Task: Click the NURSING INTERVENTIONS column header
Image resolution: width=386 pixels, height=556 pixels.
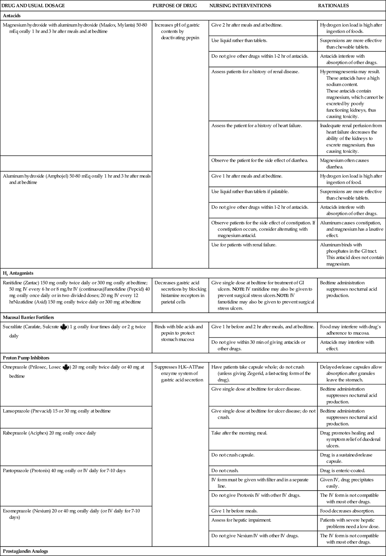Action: point(240,6)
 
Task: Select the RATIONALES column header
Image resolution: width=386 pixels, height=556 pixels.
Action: point(334,6)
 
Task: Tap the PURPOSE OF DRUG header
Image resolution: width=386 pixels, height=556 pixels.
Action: point(175,6)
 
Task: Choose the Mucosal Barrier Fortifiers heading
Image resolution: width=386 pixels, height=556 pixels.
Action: point(28,317)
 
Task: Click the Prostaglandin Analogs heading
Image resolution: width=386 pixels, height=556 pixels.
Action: point(25,551)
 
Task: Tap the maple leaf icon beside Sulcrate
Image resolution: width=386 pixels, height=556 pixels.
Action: point(64,327)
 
